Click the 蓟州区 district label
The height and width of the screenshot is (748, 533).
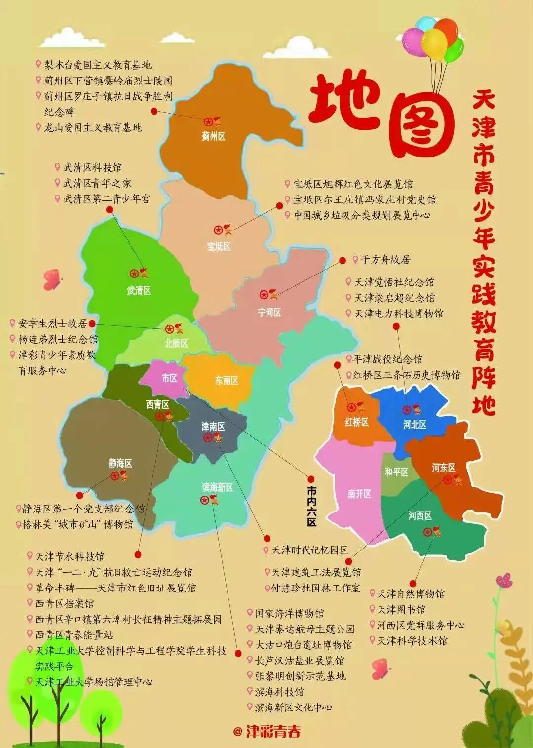(x=213, y=137)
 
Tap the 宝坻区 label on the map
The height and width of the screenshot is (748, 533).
(x=219, y=246)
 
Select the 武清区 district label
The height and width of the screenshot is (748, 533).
(x=139, y=291)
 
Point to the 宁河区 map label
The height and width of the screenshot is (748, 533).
(x=269, y=313)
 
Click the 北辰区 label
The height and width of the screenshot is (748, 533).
(x=176, y=343)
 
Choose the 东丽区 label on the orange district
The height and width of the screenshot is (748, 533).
(x=227, y=381)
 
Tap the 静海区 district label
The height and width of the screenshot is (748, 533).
(x=120, y=463)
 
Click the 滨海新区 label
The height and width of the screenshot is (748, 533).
(x=218, y=487)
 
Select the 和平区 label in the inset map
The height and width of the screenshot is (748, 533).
(x=396, y=472)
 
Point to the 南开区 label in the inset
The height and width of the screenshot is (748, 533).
(x=359, y=494)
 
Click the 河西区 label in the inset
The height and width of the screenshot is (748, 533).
(x=420, y=516)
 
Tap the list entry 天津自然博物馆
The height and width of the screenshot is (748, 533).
(x=411, y=594)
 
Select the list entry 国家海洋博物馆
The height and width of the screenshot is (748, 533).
(x=289, y=614)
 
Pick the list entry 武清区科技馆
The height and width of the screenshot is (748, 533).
(x=92, y=168)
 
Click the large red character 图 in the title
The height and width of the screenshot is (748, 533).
(x=421, y=123)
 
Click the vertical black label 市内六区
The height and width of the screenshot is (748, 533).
(x=311, y=506)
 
